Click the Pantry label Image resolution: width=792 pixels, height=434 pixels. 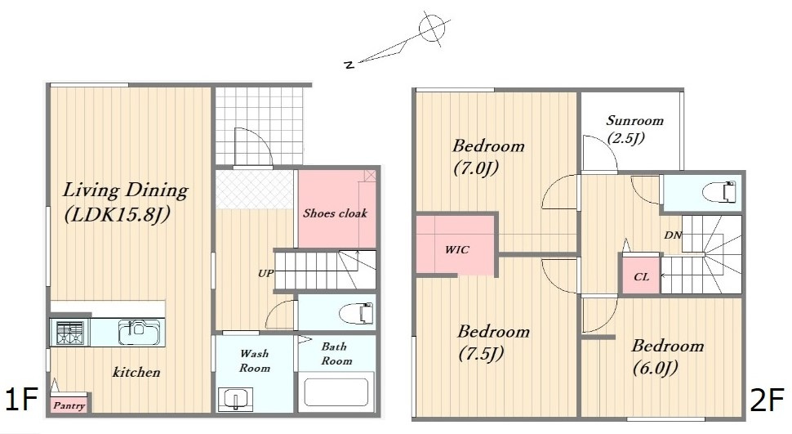[x=69, y=405]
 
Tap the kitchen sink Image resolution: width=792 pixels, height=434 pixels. [x=140, y=333]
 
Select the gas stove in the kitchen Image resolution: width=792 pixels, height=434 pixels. [x=69, y=333]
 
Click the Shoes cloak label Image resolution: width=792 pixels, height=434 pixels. [x=335, y=213]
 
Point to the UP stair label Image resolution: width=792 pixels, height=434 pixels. [x=265, y=274]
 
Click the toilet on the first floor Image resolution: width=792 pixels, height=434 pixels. [x=357, y=314]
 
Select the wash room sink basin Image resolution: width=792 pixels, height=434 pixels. [x=235, y=399]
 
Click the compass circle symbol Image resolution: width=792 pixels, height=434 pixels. [x=432, y=28]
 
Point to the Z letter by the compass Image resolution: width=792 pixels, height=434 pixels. [x=348, y=65]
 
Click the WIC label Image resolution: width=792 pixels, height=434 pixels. [x=456, y=249]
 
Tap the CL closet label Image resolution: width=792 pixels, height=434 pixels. [x=641, y=277]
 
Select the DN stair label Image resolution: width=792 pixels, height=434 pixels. [x=672, y=235]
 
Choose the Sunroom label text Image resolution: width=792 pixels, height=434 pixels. [x=634, y=120]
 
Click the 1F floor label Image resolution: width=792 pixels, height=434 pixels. [x=21, y=399]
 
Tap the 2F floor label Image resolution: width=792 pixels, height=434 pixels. [x=768, y=400]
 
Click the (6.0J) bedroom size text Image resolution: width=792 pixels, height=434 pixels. [x=655, y=368]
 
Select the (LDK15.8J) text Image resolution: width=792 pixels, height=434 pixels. [x=117, y=215]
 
